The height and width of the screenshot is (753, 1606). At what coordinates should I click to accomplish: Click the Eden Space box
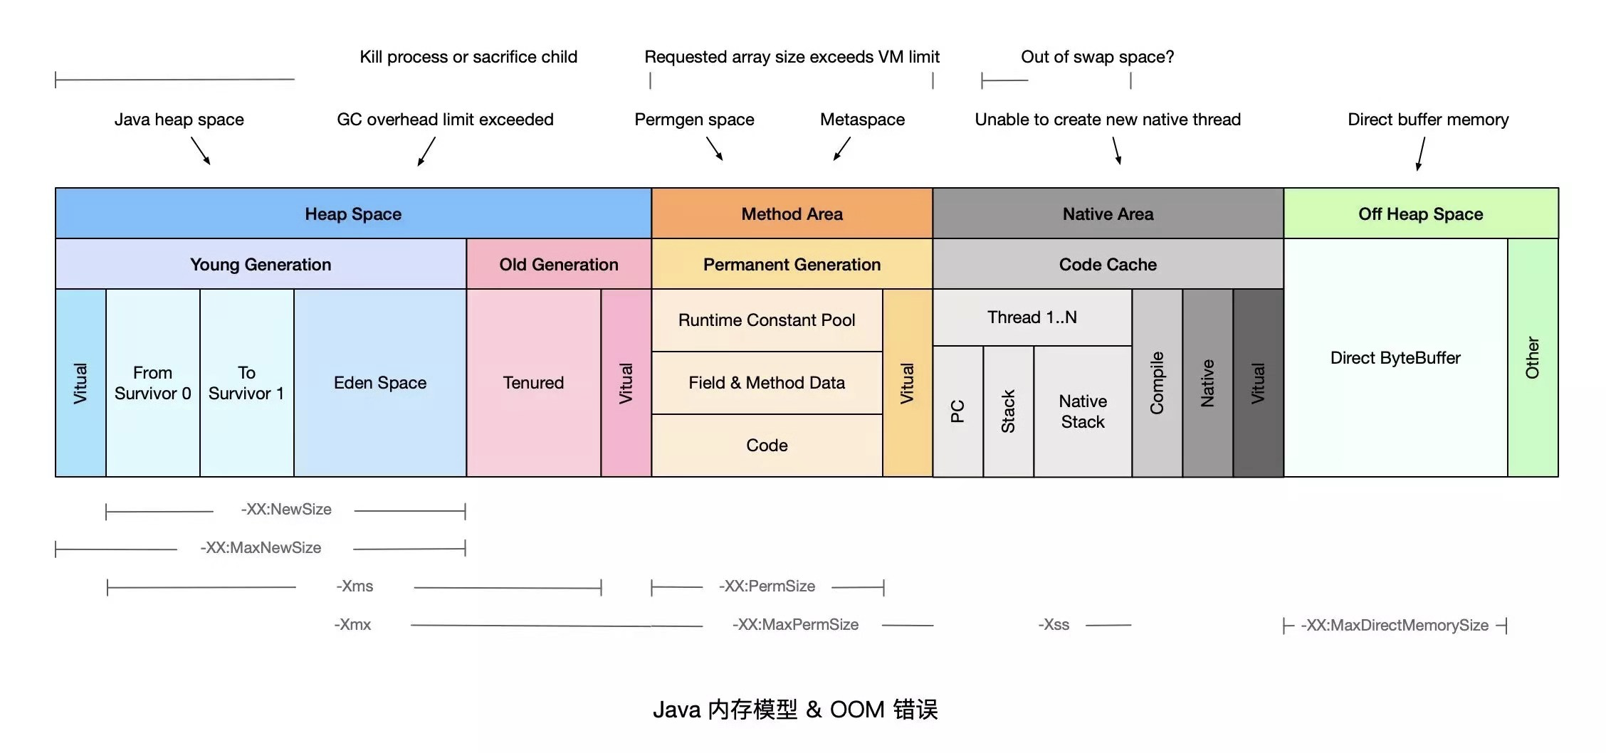point(380,383)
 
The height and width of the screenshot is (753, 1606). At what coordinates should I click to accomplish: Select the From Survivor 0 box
point(152,383)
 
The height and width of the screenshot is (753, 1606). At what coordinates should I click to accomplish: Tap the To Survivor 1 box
point(246,383)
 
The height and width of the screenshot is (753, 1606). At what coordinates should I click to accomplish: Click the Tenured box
point(533,383)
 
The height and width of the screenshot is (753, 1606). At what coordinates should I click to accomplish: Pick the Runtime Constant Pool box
point(767,320)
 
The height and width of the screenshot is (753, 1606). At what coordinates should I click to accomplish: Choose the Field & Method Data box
point(767,383)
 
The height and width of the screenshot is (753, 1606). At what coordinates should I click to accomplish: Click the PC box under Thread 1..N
point(957,411)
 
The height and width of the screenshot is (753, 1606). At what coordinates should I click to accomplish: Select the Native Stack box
point(1082,411)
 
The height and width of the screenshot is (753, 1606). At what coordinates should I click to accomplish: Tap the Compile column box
point(1157,383)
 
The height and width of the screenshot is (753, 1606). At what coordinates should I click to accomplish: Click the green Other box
point(1533,357)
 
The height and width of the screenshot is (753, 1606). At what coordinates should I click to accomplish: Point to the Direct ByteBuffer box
point(1395,357)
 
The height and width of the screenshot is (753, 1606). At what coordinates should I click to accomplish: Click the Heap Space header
point(353,214)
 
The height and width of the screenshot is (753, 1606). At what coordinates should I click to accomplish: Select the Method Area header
point(792,214)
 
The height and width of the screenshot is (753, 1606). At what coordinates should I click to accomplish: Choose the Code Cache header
point(1108,264)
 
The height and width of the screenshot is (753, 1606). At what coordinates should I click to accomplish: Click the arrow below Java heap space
point(201,151)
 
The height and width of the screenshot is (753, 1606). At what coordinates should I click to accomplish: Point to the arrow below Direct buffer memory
point(1421,154)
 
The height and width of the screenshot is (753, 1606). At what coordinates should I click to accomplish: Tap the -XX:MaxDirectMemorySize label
point(1395,625)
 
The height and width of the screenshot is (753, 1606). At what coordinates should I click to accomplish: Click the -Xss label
point(1054,625)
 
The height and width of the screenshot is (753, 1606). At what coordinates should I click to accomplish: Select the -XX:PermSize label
point(767,586)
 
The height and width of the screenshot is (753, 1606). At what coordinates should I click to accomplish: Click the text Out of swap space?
point(1097,57)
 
